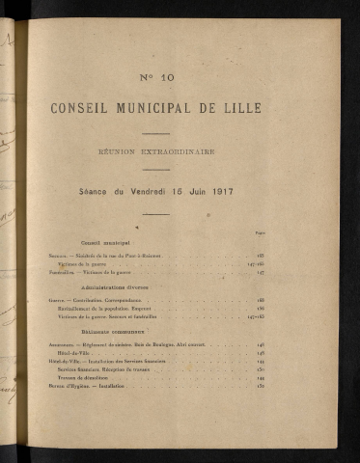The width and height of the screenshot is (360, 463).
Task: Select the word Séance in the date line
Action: pos(97,191)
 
